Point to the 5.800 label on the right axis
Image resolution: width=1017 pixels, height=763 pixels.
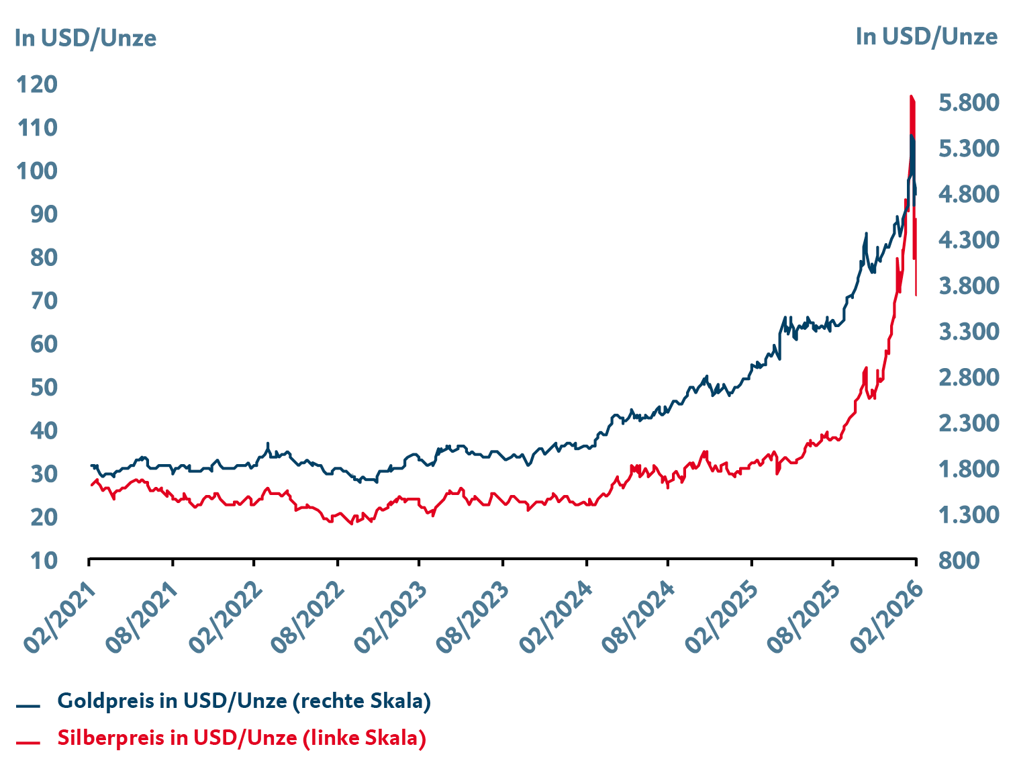coord(968,103)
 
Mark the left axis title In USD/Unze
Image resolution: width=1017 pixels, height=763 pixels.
coord(85,38)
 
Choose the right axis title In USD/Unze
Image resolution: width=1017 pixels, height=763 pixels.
coord(926,37)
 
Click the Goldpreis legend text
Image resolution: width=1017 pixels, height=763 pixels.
coord(244,701)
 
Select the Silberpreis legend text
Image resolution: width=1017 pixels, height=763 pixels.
coord(242,738)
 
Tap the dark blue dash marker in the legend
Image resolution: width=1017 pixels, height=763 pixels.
coord(29,706)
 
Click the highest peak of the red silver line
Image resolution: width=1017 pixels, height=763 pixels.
coord(911,97)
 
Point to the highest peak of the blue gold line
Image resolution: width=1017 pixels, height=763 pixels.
coord(912,136)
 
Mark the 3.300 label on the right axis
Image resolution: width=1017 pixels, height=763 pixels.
coord(968,332)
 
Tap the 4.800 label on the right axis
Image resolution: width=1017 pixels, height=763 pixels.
coord(968,194)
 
